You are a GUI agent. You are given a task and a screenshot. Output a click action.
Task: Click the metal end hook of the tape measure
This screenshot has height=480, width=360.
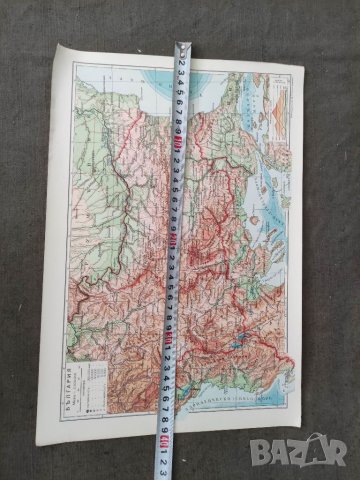(x=184, y=47)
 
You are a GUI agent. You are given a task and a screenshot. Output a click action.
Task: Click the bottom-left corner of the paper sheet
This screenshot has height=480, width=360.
(x=39, y=417)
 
